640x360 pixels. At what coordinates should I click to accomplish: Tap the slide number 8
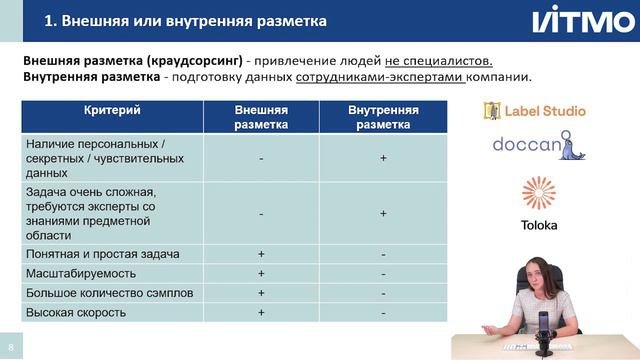point(11,340)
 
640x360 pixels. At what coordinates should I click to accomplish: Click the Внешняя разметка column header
point(261,116)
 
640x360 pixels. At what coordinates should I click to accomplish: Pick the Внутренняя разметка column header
point(383,116)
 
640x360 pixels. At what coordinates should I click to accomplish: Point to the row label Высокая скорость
point(75,312)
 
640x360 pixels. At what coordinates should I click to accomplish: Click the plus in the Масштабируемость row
point(261,273)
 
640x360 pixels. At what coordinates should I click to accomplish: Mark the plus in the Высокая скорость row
point(261,312)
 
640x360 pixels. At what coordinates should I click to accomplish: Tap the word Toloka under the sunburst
point(539,225)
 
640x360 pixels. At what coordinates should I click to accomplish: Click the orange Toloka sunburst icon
point(539,194)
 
